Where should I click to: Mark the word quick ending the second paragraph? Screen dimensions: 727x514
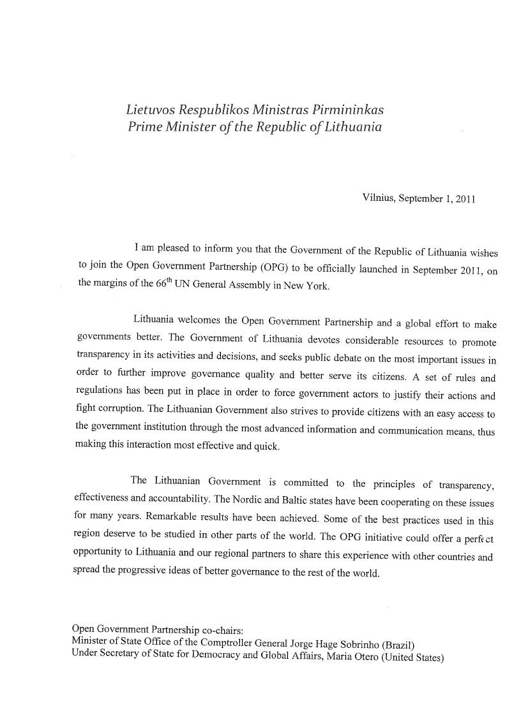(268, 446)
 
